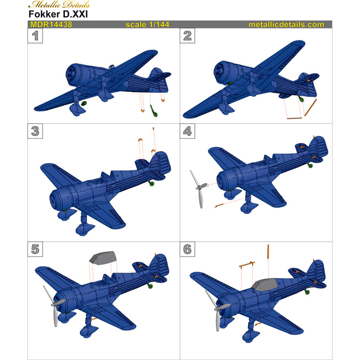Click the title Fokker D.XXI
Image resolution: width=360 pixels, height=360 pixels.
57,15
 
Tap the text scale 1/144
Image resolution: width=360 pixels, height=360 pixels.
148,24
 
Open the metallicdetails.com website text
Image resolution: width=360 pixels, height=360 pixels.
286,24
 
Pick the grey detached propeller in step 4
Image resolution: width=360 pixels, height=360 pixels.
198,189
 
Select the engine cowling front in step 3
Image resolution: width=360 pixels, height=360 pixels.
57,197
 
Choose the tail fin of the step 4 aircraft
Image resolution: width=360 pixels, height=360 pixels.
318,147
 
